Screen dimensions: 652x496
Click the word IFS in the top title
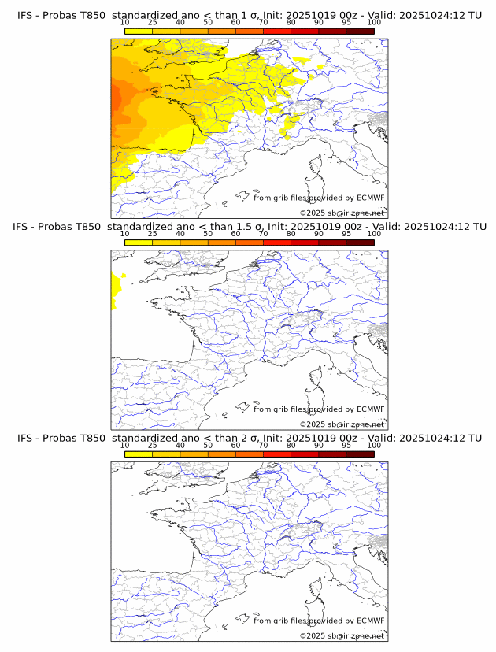[x=25, y=16]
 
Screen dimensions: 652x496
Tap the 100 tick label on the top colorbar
[x=374, y=23]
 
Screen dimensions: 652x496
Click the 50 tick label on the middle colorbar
[x=208, y=234]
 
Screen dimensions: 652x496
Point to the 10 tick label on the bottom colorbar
[x=125, y=445]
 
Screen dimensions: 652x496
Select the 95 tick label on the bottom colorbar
[x=346, y=445]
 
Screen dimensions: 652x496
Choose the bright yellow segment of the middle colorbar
[x=139, y=242]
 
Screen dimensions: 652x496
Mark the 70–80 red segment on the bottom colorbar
[x=277, y=454]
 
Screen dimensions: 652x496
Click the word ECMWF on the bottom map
[x=371, y=621]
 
